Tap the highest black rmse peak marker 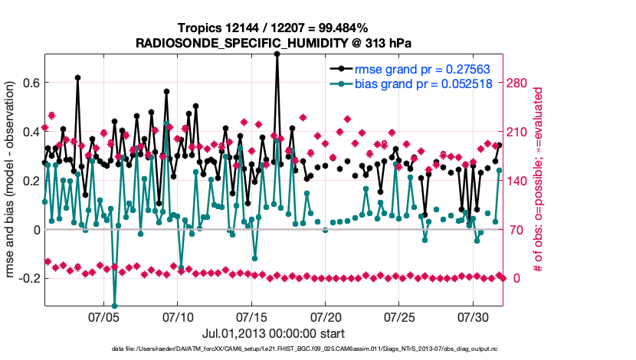point(277,54)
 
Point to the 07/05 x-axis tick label point(104,316)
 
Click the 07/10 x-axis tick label point(178,316)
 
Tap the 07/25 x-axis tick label point(399,316)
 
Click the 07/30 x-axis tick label point(473,316)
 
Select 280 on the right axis point(521,83)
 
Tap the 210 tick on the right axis point(521,132)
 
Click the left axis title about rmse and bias point(11,181)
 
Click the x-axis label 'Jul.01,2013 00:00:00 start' point(273,333)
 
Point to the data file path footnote point(317,349)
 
